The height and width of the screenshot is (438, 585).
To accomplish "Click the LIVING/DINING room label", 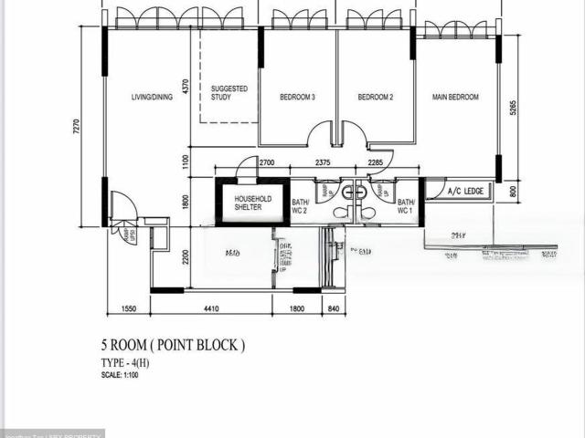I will click(x=152, y=97).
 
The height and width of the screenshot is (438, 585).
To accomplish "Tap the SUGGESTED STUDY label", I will click(x=229, y=92).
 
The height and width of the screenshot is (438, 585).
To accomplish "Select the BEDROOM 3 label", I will click(x=297, y=97).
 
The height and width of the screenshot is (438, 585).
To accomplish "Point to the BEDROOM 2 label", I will click(x=375, y=97).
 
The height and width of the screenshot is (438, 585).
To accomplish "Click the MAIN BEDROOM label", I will click(x=454, y=97).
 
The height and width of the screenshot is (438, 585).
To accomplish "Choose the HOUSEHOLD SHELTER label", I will click(x=252, y=203).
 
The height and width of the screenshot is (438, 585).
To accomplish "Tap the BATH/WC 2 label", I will click(x=301, y=206).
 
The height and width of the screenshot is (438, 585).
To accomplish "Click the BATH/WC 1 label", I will click(x=406, y=206).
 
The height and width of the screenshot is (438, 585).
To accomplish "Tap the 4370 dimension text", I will click(x=185, y=88).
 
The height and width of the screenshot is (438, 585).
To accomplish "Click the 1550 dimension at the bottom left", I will click(x=128, y=309).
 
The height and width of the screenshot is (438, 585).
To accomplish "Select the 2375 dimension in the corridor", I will click(x=323, y=162).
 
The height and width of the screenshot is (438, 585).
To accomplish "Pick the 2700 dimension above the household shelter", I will click(x=266, y=162).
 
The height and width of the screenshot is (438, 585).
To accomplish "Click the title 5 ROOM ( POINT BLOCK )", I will click(x=173, y=345).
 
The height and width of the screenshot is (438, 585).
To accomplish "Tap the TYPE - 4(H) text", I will click(x=131, y=363).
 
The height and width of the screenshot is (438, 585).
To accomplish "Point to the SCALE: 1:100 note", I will click(x=121, y=375).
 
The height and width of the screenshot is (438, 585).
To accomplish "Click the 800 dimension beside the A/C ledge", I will click(x=513, y=191).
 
